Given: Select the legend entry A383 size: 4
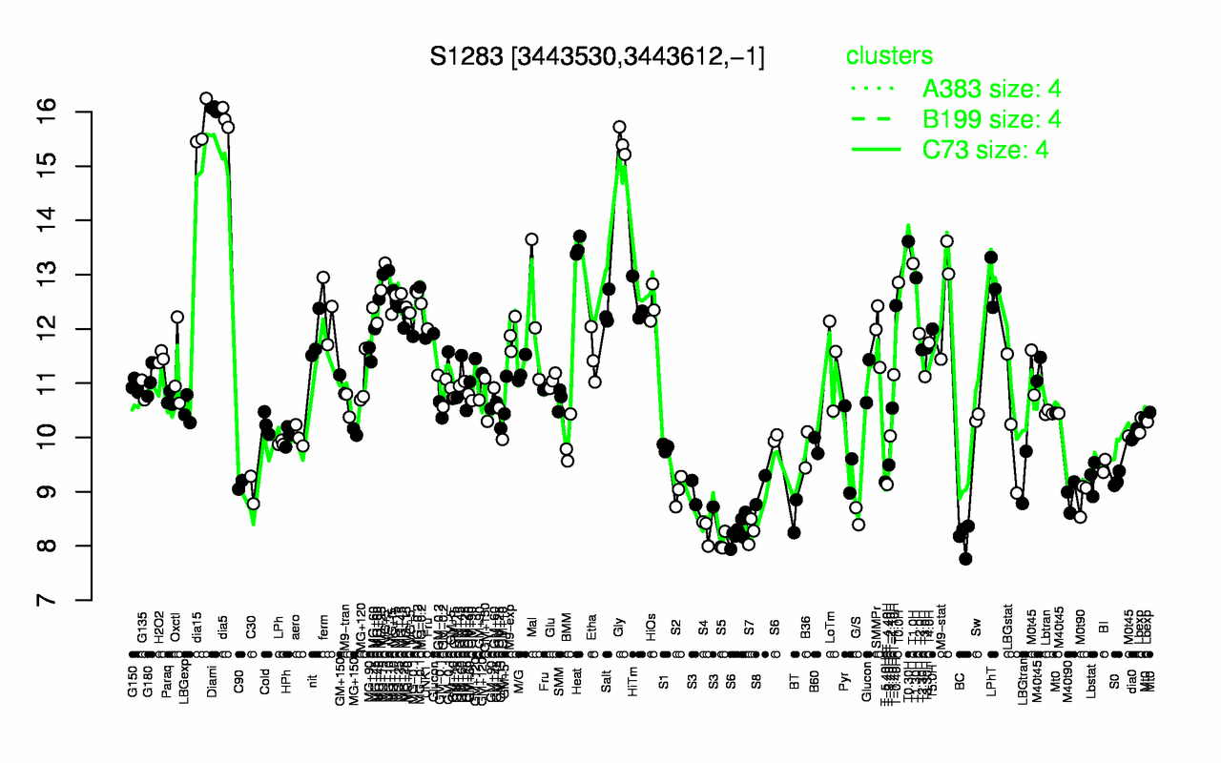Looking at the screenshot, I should (992, 90).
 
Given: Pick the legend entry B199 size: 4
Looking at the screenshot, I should (992, 119).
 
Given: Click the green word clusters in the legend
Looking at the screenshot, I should (889, 56).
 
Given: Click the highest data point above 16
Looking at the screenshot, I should (206, 98).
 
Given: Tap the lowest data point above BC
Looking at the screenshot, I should (965, 559).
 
